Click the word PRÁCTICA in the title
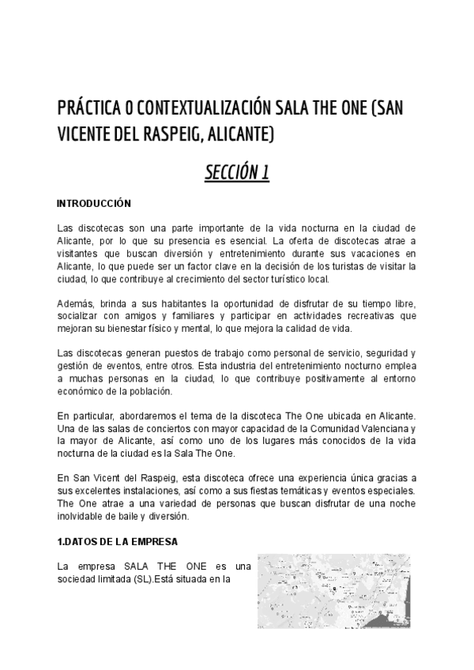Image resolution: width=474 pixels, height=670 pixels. [88, 107]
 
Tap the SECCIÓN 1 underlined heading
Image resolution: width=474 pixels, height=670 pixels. [237, 173]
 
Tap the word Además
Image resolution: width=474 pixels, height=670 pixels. [77, 305]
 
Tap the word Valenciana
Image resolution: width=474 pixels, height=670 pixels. [375, 429]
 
